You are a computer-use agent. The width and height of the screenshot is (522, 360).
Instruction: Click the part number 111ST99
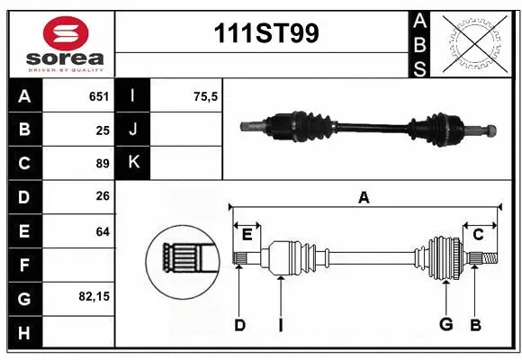click(264, 34)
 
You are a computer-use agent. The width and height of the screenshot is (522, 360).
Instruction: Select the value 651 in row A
click(98, 96)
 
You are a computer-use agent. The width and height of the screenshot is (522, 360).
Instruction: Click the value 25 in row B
click(102, 130)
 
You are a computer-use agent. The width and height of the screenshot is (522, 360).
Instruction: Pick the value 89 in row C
click(102, 164)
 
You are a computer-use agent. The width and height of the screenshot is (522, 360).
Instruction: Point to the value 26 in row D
click(102, 197)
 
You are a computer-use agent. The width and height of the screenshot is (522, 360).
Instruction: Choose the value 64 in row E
click(102, 231)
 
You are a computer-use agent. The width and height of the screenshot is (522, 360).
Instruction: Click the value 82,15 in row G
click(94, 296)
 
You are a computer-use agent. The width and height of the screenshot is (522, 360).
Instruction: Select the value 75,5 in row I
click(206, 96)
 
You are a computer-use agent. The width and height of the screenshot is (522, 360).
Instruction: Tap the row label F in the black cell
click(23, 265)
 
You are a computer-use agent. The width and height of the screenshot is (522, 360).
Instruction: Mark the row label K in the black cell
click(133, 163)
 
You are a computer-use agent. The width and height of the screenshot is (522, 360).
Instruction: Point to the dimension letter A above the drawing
click(364, 197)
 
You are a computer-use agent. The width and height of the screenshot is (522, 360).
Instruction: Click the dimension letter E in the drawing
click(247, 234)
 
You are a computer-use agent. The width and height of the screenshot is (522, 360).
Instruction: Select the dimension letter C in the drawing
click(478, 234)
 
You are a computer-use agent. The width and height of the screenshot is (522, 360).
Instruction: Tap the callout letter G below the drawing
click(445, 325)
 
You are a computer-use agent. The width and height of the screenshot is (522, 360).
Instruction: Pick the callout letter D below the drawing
click(239, 325)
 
